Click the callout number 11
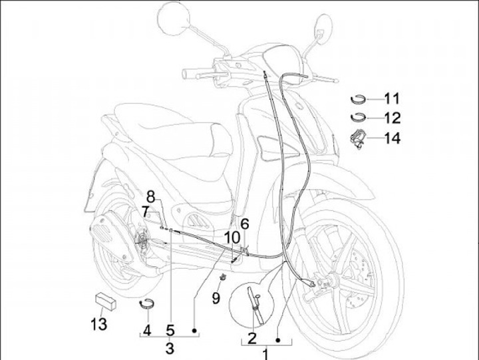click(392, 99)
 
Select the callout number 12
click(392, 118)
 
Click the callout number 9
click(216, 299)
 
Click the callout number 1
click(265, 354)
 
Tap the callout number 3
click(170, 347)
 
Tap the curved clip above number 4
click(147, 303)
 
